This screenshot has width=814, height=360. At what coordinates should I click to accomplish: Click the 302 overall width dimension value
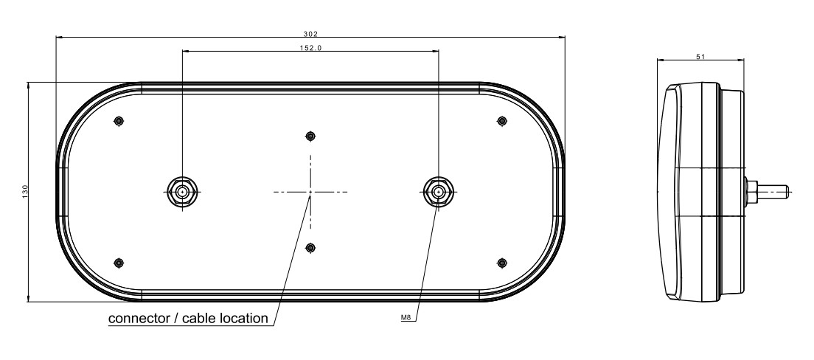tap(310, 34)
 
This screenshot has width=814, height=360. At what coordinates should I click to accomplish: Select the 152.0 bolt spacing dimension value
tap(310, 48)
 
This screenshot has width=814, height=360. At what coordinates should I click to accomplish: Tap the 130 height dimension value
tap(25, 191)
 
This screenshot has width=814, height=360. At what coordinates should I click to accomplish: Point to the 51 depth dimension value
tap(700, 57)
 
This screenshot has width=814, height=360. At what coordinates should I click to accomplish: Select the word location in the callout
tap(244, 318)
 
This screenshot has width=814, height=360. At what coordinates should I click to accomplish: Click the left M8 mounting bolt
tap(182, 192)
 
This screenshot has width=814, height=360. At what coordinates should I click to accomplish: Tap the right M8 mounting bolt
tap(439, 192)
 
